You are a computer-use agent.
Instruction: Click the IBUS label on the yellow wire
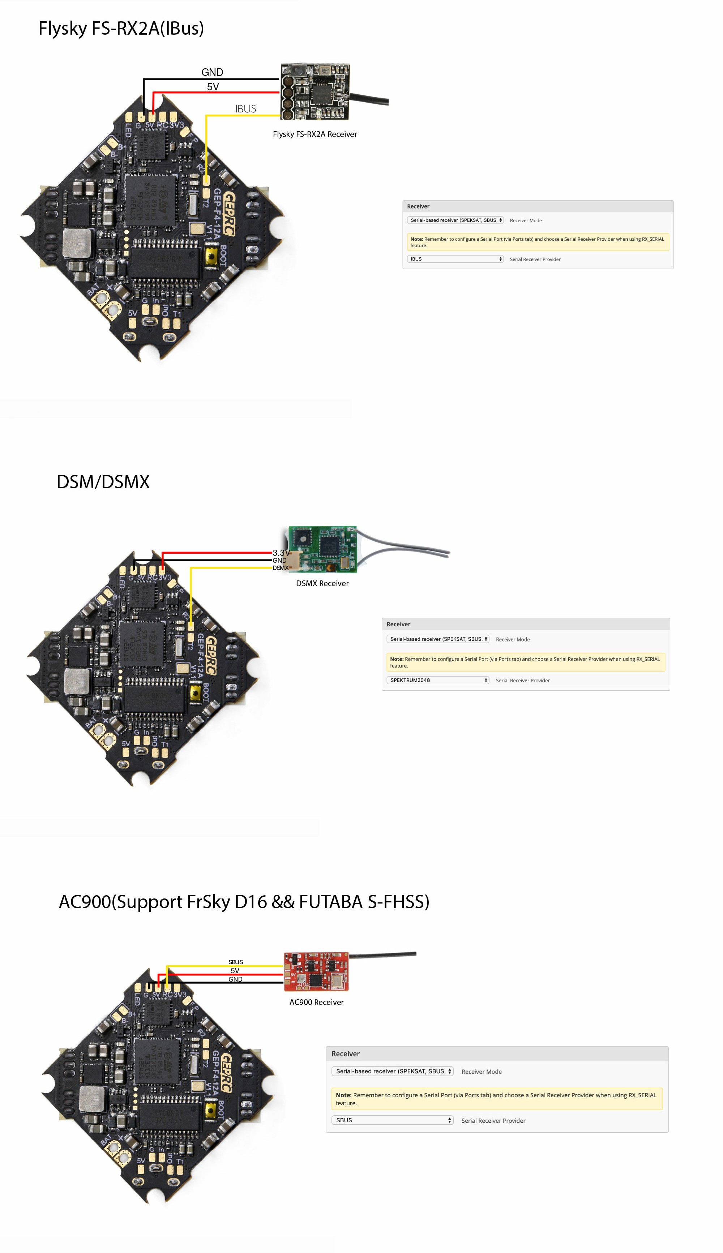245,109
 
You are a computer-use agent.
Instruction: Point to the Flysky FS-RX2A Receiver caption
315,134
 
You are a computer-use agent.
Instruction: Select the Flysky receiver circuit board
315,91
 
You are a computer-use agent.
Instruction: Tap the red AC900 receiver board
316,971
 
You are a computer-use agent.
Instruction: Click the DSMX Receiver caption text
322,584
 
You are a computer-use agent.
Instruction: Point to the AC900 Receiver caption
316,1002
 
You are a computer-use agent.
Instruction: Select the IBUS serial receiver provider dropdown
455,259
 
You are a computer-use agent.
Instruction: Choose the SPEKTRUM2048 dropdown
437,680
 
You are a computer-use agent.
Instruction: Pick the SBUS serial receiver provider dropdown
392,1120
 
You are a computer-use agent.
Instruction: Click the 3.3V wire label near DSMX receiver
281,553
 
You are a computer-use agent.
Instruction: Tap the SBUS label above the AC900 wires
235,962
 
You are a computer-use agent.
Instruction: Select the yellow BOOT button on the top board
210,256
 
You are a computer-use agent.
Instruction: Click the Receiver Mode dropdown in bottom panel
392,1071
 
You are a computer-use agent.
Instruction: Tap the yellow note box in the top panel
537,242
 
